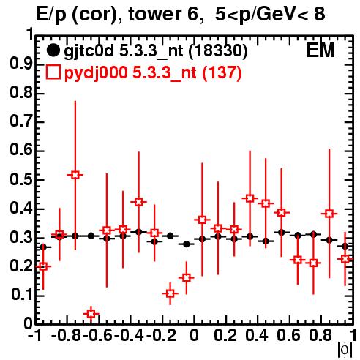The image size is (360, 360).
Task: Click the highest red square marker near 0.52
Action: point(75,175)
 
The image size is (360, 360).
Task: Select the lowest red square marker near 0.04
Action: point(91,314)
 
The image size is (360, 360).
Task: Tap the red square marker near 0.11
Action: point(170,293)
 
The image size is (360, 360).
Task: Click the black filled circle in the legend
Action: point(53,50)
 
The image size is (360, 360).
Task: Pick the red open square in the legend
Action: point(53,72)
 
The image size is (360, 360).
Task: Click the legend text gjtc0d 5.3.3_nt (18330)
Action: point(156,50)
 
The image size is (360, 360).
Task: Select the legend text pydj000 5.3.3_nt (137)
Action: point(153,73)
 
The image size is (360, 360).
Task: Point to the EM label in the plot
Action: point(320,50)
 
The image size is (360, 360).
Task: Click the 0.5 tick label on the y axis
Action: point(21,179)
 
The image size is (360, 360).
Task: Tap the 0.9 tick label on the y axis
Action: point(21,64)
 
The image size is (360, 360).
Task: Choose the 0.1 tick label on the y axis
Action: point(21,295)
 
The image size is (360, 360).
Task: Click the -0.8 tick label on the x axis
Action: point(67,335)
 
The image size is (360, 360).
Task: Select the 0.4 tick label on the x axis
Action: point(257,335)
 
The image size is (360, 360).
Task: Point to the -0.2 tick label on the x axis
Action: point(161,335)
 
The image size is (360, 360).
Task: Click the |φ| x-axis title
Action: point(345,350)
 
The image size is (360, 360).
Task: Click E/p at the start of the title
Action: point(51,15)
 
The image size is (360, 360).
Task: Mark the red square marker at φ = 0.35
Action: point(250,198)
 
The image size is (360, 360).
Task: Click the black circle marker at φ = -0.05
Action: point(187,244)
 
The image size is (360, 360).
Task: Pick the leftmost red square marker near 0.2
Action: point(43,266)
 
